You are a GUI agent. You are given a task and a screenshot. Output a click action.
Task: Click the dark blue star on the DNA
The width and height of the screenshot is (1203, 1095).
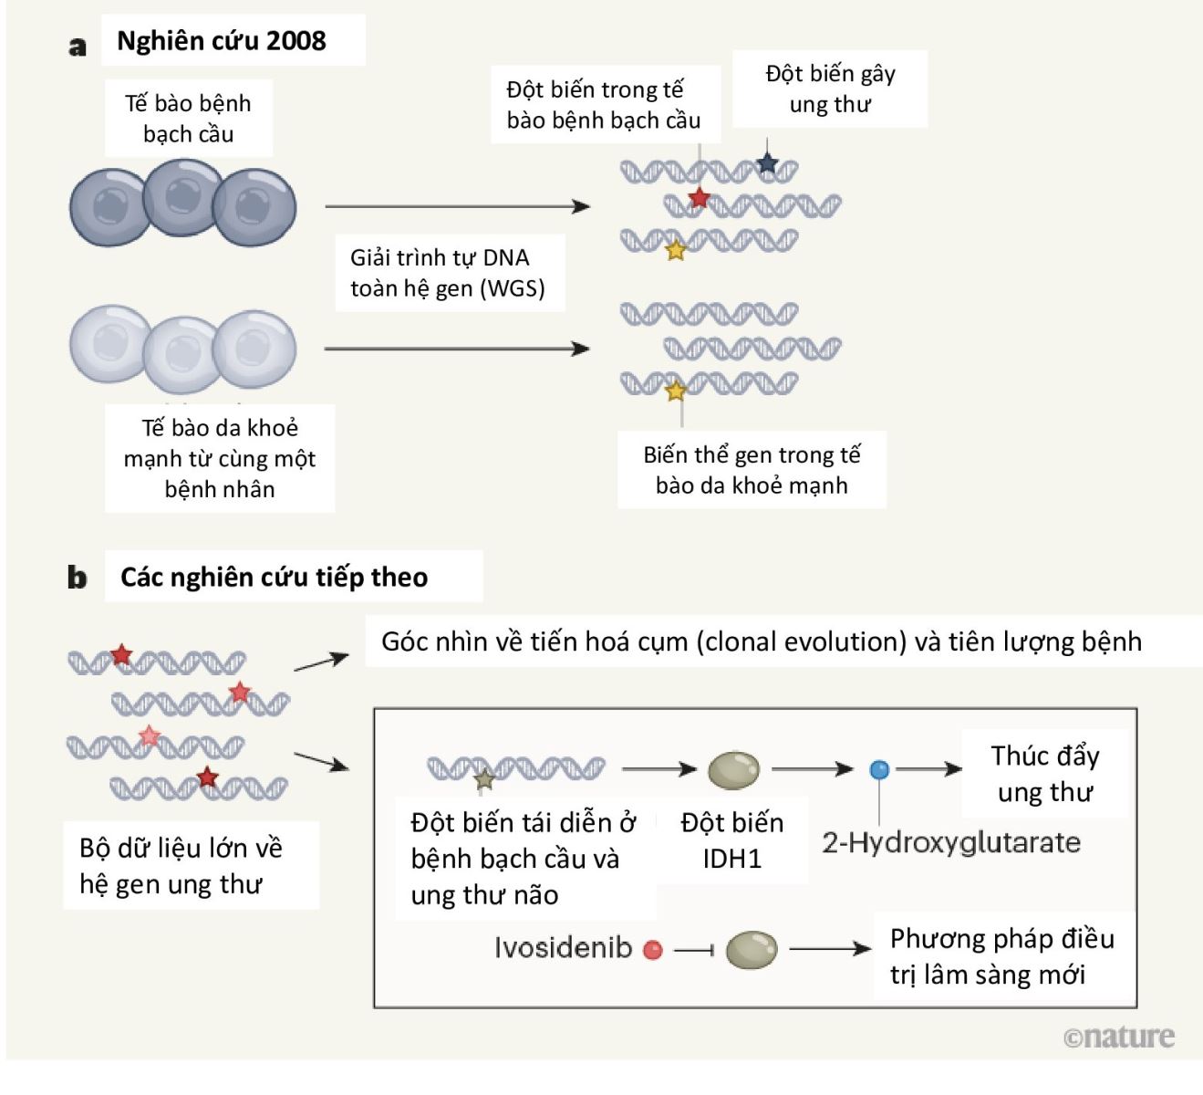click(x=767, y=163)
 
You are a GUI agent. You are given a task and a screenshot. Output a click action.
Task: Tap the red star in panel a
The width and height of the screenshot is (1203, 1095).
click(x=699, y=197)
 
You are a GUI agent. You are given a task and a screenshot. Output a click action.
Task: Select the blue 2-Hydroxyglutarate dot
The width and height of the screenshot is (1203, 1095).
click(x=879, y=769)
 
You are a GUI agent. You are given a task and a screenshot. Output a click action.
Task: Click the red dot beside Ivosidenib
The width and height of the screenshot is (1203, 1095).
click(x=653, y=950)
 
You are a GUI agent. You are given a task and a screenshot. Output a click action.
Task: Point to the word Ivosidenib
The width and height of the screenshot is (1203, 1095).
click(x=563, y=948)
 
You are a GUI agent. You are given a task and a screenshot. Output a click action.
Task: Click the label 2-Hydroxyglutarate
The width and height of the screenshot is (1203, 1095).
click(x=951, y=841)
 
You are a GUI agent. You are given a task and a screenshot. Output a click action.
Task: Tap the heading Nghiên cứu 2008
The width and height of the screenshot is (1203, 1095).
click(x=221, y=41)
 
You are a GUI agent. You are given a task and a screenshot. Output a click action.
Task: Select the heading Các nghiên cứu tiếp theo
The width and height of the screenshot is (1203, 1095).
click(x=274, y=577)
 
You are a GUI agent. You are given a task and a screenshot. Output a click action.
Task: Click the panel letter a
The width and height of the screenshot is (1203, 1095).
click(x=78, y=46)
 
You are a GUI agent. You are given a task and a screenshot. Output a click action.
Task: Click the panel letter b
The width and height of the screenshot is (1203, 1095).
click(x=78, y=578)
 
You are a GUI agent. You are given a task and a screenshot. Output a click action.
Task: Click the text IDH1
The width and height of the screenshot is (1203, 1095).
click(x=731, y=859)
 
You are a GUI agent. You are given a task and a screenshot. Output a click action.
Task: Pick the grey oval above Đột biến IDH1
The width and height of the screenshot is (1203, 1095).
click(x=733, y=769)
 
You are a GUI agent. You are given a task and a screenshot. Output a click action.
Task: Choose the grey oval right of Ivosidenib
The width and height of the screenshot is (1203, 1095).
click(x=751, y=950)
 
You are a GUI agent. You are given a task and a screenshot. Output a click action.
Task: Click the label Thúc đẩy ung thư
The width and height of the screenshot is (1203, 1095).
click(x=1044, y=773)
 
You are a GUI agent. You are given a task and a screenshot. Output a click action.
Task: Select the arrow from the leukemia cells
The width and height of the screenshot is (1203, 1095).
click(x=457, y=207)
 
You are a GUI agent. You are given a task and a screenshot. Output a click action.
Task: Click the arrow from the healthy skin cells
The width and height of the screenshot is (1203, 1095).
click(x=457, y=349)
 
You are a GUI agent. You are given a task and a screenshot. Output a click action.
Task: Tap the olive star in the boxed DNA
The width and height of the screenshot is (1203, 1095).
click(x=484, y=778)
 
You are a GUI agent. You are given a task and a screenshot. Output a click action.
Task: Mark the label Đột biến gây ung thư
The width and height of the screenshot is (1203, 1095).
click(x=830, y=89)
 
